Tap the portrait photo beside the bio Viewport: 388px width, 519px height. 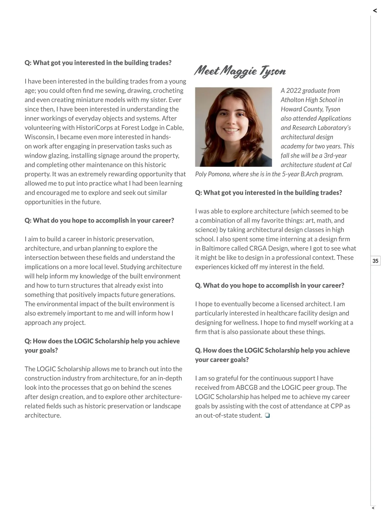[x=233, y=127]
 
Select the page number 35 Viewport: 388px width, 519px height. [x=375, y=261]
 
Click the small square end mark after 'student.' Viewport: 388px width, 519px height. [x=267, y=416]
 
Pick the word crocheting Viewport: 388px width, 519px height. [x=168, y=90]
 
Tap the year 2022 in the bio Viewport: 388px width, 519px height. [x=293, y=90]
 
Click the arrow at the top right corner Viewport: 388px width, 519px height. [x=375, y=11]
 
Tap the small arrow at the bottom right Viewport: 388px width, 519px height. [x=373, y=508]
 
